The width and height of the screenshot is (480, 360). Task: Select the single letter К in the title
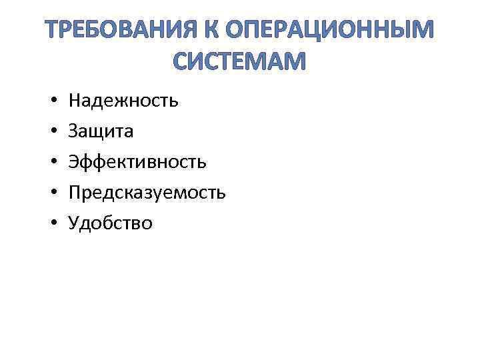[213, 31]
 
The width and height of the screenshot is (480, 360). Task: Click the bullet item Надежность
[123, 101]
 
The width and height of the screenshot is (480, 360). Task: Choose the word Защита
[101, 131]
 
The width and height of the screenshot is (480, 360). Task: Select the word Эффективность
[137, 162]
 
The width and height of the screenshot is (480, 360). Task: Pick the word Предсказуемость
[147, 193]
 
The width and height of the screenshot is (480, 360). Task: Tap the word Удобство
[111, 223]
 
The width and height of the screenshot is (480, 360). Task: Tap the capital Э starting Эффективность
[73, 162]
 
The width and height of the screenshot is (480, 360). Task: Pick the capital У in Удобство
[73, 223]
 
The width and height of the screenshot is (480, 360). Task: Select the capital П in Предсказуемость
[75, 193]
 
